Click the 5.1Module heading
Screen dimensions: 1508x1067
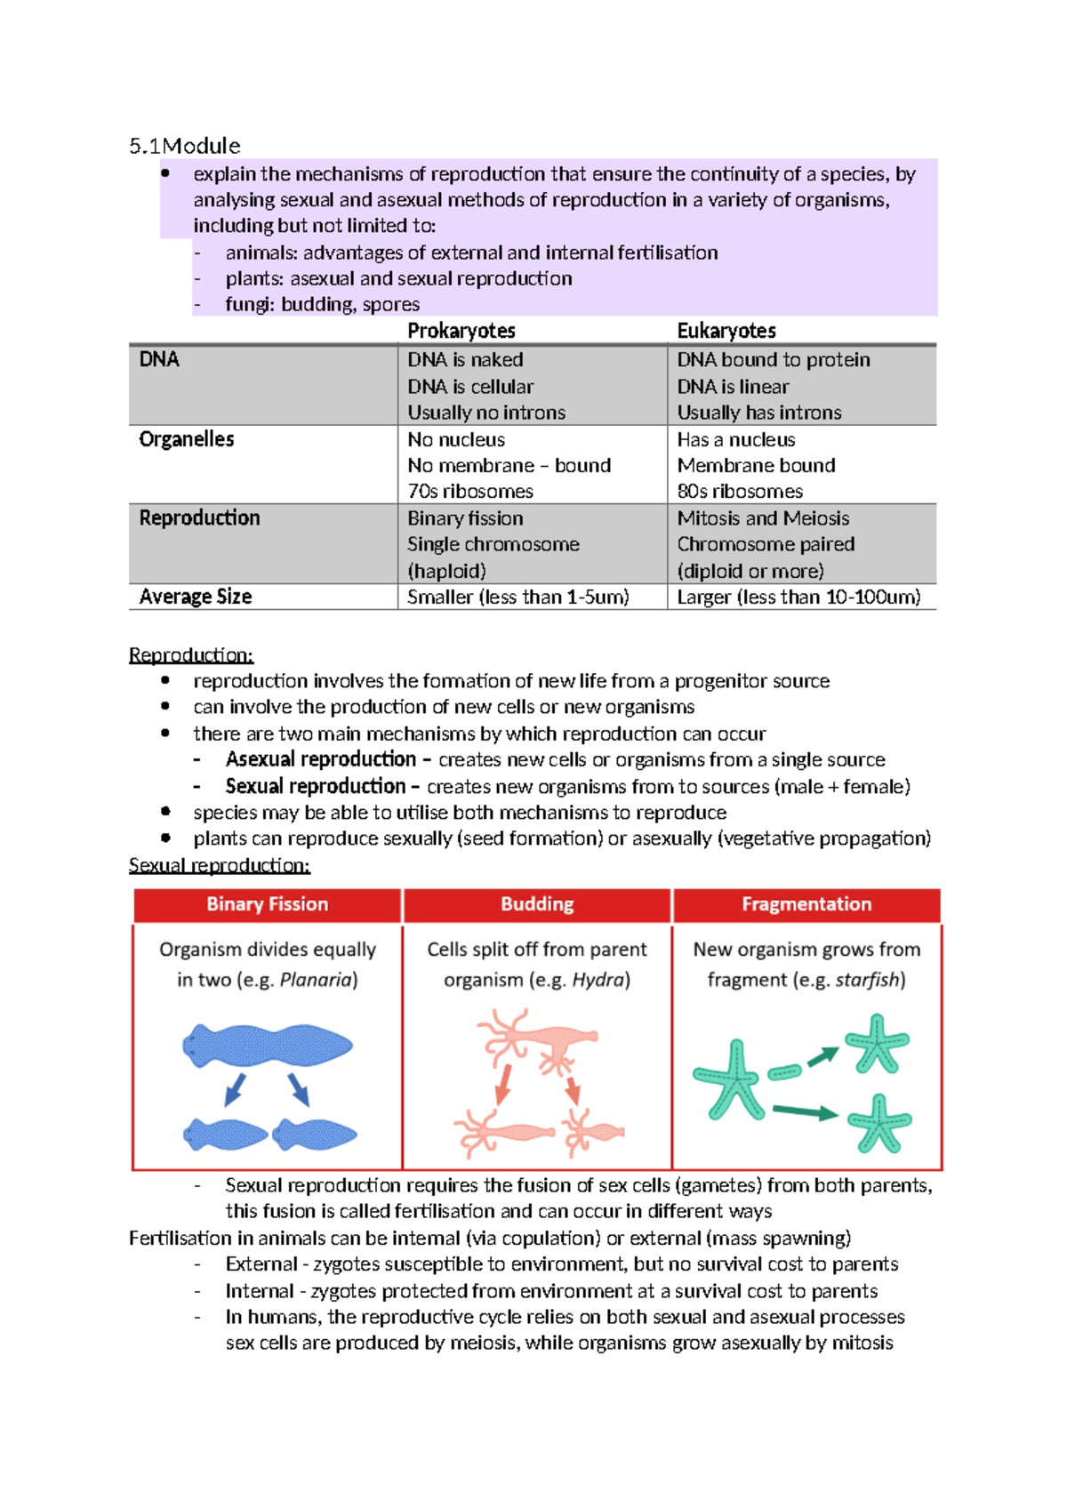click(184, 146)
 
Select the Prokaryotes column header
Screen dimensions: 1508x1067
click(461, 331)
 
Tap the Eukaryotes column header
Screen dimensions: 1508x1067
click(726, 331)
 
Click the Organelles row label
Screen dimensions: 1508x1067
click(186, 439)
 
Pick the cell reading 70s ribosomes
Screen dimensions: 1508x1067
click(469, 492)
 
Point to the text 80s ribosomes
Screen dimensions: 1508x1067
click(739, 492)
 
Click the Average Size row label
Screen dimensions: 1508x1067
click(195, 597)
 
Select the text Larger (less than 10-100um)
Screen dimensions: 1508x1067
click(798, 597)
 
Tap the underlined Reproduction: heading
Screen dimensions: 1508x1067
click(190, 655)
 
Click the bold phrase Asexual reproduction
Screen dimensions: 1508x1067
click(320, 759)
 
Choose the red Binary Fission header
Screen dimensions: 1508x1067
click(267, 904)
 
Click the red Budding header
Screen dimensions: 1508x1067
click(536, 904)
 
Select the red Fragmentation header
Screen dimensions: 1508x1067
click(806, 904)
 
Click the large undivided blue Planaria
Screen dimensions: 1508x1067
click(267, 1046)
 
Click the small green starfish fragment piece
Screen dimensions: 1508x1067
click(783, 1072)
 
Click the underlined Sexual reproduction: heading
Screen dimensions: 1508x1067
click(219, 865)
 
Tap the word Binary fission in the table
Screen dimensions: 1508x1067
click(464, 518)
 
